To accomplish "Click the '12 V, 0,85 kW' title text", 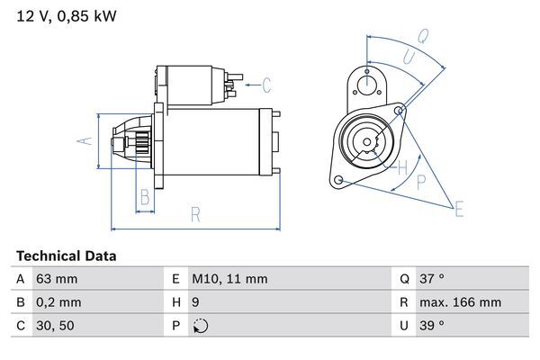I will tap(67, 15).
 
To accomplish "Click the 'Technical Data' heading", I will tap(66, 256).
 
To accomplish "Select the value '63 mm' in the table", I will tap(55, 279).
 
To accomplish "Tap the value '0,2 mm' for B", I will tap(58, 302).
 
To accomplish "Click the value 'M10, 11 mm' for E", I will tap(229, 279).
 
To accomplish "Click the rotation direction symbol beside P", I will tap(200, 326).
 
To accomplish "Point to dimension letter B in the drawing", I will tap(143, 198).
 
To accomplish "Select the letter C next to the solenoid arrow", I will tap(265, 86).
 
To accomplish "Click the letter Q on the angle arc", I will tap(422, 37).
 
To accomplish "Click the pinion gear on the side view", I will tap(140, 143).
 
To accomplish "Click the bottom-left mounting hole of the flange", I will tap(338, 181).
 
